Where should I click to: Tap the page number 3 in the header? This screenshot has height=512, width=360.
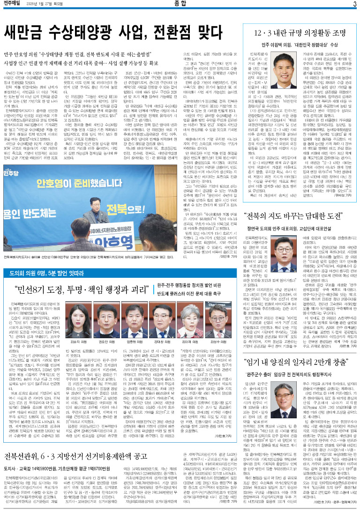[355, 5]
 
